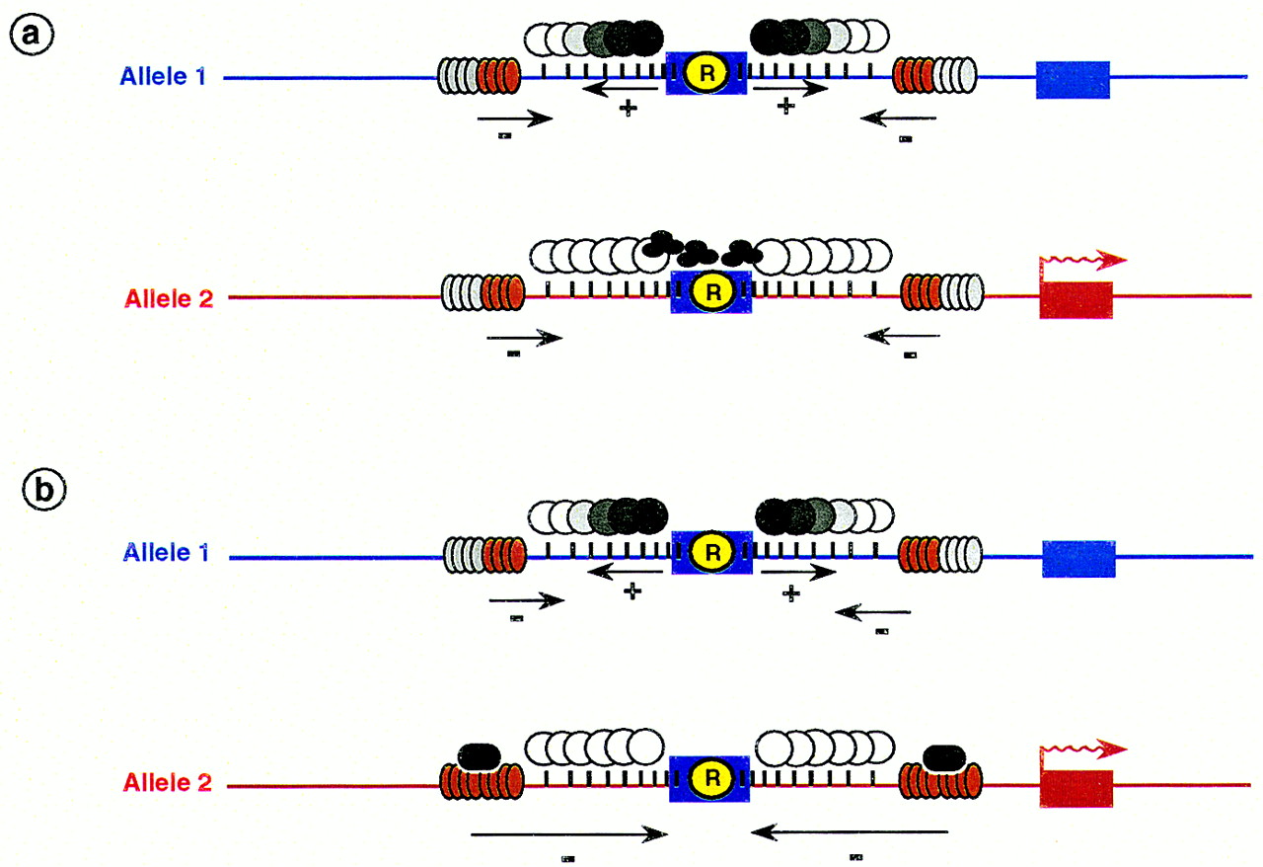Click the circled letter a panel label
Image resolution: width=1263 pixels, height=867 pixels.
point(32,37)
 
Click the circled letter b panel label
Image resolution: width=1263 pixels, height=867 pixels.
point(44,491)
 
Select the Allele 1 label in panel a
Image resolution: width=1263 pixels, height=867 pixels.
point(163,76)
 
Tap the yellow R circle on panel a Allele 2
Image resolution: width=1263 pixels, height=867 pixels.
point(709,293)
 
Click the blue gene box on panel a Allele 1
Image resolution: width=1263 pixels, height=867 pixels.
point(1073,79)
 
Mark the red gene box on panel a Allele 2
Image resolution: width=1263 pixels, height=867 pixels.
point(1076,299)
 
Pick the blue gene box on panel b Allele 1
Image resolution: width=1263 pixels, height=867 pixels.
point(1078,559)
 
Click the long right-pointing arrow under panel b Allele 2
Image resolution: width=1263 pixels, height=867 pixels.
point(568,835)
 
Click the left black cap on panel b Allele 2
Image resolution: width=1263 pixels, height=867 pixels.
point(481,757)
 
